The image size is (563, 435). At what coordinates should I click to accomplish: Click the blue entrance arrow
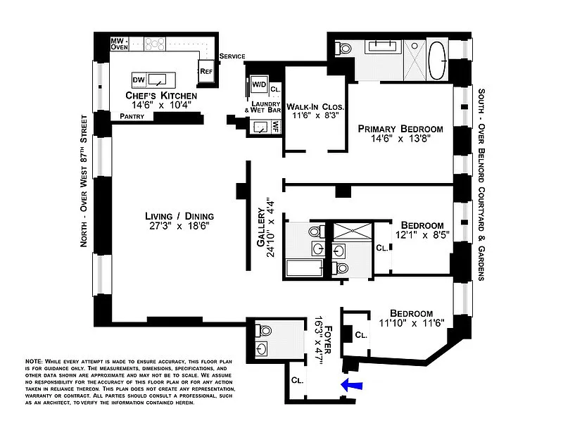(x=351, y=385)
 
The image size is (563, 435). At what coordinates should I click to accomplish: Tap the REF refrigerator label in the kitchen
(x=206, y=71)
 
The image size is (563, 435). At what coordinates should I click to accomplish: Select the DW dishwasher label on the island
(x=139, y=80)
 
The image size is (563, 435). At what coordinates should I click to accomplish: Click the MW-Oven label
(x=119, y=44)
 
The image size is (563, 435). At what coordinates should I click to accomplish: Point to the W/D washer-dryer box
(x=259, y=84)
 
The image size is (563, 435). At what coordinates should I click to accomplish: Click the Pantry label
(x=132, y=116)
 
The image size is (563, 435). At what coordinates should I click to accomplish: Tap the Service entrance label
(x=232, y=56)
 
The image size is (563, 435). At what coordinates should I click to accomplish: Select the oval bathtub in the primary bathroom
(x=437, y=61)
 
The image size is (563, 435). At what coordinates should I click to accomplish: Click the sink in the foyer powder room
(x=261, y=348)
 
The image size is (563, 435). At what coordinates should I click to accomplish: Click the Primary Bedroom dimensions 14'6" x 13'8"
(x=400, y=138)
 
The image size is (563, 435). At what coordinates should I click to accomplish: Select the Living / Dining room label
(x=179, y=216)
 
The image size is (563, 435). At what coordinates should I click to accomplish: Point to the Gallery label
(x=261, y=227)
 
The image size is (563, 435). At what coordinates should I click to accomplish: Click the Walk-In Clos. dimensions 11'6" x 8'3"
(x=315, y=115)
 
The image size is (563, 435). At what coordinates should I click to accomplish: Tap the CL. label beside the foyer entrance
(x=298, y=380)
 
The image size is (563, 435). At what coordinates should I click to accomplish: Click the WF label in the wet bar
(x=275, y=127)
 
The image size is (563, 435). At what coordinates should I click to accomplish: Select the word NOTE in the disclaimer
(x=34, y=362)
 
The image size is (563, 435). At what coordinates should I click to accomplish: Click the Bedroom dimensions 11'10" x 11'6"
(x=412, y=323)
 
